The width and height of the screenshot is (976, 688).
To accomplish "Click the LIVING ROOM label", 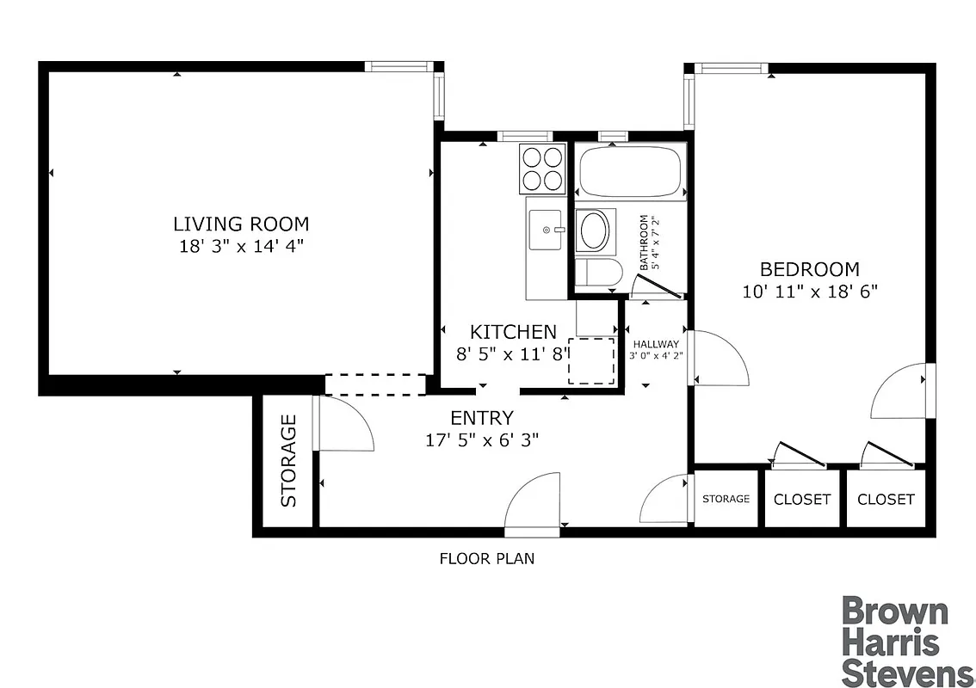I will coord(241,224).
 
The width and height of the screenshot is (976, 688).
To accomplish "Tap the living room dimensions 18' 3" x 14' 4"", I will coord(241,246).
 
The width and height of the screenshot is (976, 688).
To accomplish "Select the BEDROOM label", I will coord(809,269).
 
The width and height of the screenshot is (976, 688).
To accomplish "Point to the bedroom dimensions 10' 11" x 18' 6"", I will coord(809,291).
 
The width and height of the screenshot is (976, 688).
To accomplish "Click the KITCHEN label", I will coord(513,332).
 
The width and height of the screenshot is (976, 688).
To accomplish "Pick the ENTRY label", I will coord(482,419).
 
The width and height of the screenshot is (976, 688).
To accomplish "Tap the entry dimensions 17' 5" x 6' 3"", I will coord(482,440).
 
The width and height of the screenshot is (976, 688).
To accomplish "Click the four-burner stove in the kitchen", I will coord(542,169).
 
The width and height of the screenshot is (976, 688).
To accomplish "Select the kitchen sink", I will coord(546,230).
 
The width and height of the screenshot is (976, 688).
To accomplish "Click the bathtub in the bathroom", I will coord(632,173).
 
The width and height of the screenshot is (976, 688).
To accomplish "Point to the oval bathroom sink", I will coord(594,230).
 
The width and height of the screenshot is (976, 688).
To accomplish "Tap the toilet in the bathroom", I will coord(597,273).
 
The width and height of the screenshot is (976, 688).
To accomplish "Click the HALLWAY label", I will coord(656,344).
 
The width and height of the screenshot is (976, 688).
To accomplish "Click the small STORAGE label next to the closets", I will coord(726,499).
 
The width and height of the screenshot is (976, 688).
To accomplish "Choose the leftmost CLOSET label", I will coord(802,499).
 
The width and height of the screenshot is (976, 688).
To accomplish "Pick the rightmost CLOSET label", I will coord(886,499).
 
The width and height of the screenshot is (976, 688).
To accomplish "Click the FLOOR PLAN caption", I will coord(487,558).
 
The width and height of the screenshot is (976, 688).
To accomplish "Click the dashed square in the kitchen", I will coord(591,361).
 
